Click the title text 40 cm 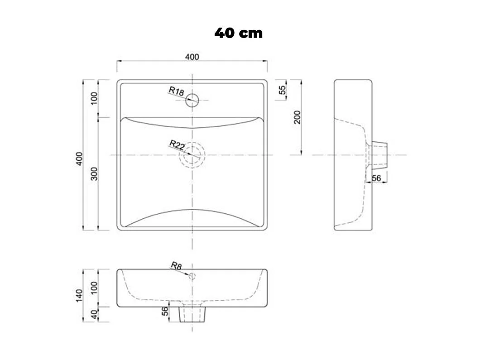[238, 33]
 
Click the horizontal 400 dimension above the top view [192, 57]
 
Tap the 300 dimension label [95, 173]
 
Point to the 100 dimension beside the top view [95, 98]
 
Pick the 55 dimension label [282, 90]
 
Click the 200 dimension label [298, 118]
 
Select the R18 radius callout [176, 91]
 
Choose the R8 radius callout [176, 266]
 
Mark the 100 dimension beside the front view [95, 288]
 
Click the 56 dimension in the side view [376, 178]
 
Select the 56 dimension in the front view [165, 311]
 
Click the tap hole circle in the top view [192, 100]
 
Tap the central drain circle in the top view [192, 155]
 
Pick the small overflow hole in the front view [192, 276]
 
